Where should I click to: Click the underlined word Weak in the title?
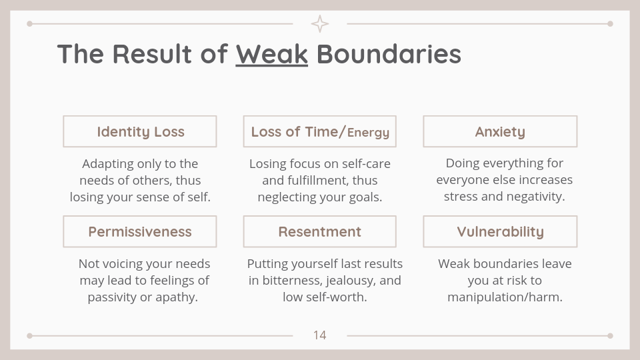click(272, 54)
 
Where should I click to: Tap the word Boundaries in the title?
click(389, 54)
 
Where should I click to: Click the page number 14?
click(319, 335)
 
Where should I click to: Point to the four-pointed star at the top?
click(320, 24)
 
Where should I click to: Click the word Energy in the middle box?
click(368, 133)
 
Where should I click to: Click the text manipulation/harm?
click(505, 297)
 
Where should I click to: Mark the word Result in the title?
click(152, 54)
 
